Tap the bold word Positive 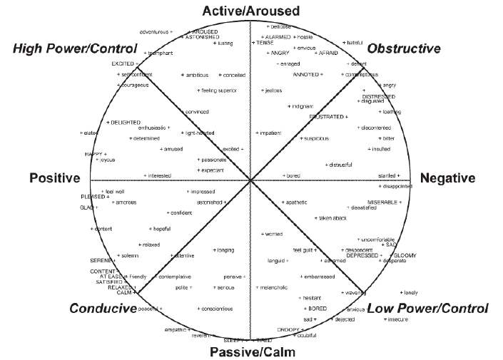[53, 178]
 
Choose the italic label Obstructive [404, 48]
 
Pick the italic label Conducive [103, 309]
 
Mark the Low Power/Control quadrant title [427, 309]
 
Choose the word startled [389, 175]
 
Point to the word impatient [270, 133]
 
